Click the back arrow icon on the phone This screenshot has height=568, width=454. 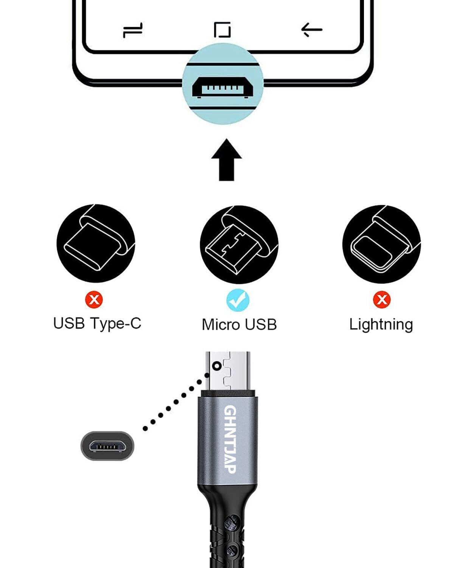[311, 30]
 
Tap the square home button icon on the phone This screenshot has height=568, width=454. [222, 30]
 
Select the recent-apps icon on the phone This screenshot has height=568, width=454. [133, 30]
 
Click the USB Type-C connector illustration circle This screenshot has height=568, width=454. [96, 243]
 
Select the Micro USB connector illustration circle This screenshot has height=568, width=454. [239, 244]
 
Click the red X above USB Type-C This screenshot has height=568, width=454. [94, 300]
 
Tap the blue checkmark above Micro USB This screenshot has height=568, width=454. [238, 300]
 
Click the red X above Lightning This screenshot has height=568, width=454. [382, 300]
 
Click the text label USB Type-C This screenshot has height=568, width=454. [97, 323]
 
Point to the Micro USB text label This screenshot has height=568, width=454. [239, 325]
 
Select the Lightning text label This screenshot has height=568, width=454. [381, 325]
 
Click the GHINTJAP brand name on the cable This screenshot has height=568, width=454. [230, 439]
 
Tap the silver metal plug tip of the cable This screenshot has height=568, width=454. [228, 371]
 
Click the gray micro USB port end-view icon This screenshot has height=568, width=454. [107, 446]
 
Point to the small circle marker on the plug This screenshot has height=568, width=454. [217, 366]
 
